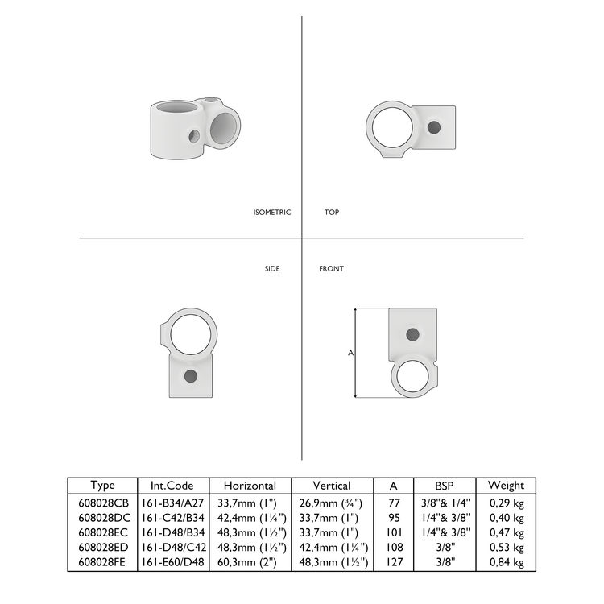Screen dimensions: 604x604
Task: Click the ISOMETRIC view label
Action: [271, 213]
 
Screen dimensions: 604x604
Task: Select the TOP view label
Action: [331, 213]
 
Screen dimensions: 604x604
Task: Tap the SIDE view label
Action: [272, 268]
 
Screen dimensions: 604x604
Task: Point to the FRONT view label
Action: [331, 268]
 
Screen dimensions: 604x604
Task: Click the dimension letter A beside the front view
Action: [350, 353]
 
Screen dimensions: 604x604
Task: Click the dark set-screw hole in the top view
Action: [435, 127]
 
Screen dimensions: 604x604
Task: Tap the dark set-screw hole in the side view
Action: [190, 376]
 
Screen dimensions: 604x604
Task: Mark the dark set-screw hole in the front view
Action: [412, 333]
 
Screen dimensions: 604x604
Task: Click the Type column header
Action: [102, 485]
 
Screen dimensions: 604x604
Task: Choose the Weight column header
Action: [506, 485]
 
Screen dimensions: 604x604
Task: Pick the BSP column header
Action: [445, 485]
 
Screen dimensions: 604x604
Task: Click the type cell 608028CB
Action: [102, 501]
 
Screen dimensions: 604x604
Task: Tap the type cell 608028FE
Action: [102, 562]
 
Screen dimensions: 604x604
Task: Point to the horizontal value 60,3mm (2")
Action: [250, 562]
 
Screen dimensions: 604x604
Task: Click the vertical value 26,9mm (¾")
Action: [331, 501]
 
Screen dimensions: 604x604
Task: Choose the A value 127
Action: [393, 562]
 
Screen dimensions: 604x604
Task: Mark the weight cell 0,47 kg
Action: [506, 532]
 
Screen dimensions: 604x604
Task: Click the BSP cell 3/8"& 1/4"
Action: [445, 501]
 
